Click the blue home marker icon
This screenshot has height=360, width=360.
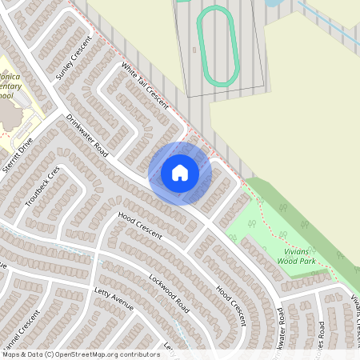[180, 173]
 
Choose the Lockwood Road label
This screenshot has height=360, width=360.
[168, 294]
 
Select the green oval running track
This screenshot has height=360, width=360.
[218, 44]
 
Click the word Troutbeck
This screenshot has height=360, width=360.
[39, 193]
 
